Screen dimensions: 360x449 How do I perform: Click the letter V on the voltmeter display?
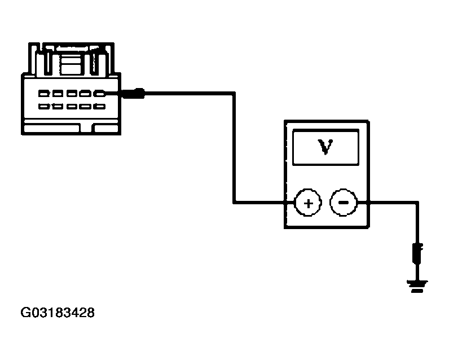(325, 147)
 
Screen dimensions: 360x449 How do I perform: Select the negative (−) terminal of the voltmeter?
(344, 202)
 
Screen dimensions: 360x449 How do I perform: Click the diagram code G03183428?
(58, 312)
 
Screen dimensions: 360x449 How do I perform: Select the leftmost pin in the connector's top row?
(44, 94)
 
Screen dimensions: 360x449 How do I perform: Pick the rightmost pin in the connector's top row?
(99, 94)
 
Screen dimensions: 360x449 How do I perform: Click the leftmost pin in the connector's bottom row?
(44, 106)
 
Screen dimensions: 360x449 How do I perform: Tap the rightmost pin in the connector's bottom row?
(99, 106)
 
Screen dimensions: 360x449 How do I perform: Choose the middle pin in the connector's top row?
(72, 94)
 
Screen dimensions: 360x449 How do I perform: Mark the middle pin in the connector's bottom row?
(72, 106)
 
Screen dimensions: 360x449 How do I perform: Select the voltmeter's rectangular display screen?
(325, 147)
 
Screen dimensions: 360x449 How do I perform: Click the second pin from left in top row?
(58, 94)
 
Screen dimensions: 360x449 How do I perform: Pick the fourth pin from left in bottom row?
(86, 106)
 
